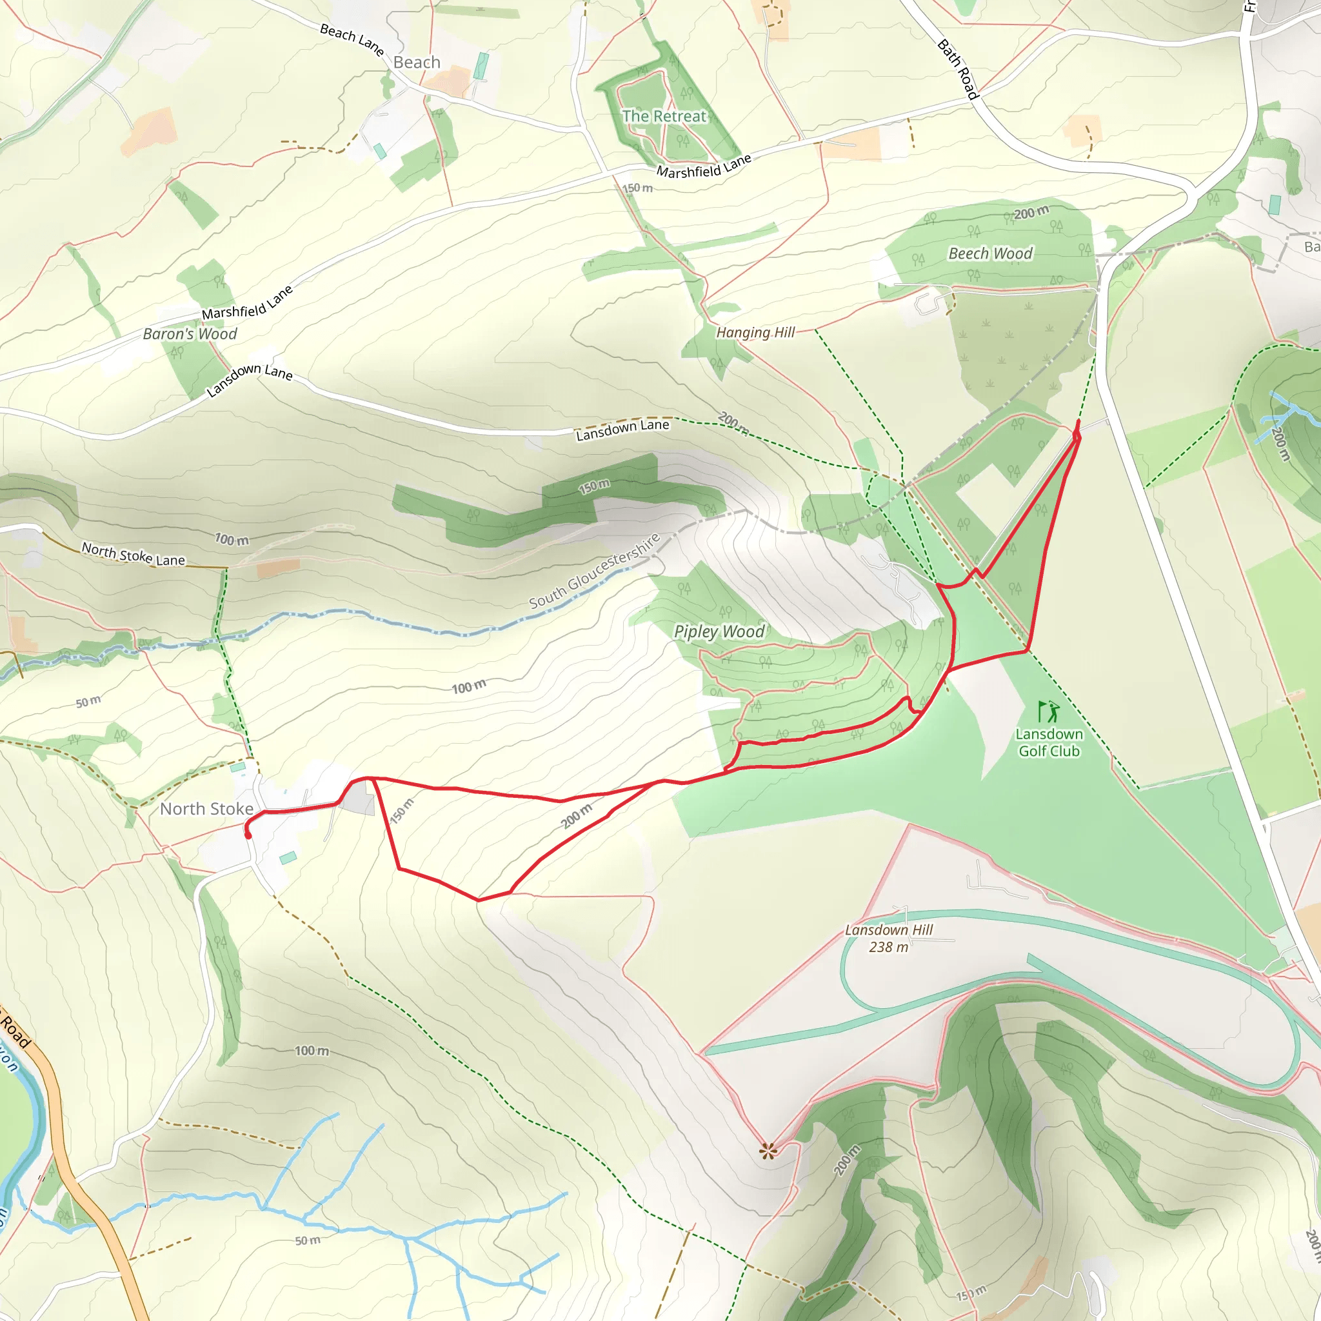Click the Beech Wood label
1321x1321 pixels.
click(x=990, y=253)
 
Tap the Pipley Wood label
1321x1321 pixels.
click(x=719, y=631)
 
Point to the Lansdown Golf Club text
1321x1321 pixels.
click(x=1049, y=742)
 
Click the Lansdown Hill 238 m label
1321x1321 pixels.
click(x=888, y=938)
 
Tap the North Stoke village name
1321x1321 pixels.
click(x=206, y=809)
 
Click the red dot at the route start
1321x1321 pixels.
click(x=248, y=835)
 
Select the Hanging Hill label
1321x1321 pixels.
click(x=755, y=332)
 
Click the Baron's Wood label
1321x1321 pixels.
click(x=190, y=333)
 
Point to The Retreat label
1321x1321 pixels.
click(x=664, y=116)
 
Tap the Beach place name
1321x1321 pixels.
click(x=417, y=62)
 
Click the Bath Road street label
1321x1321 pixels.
click(x=958, y=69)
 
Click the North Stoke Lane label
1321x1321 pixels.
click(x=134, y=554)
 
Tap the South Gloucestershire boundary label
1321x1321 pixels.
click(x=594, y=571)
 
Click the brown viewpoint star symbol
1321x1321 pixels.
click(x=768, y=1151)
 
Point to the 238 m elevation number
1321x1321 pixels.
click(x=888, y=947)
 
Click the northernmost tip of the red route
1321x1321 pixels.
click(x=1078, y=422)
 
